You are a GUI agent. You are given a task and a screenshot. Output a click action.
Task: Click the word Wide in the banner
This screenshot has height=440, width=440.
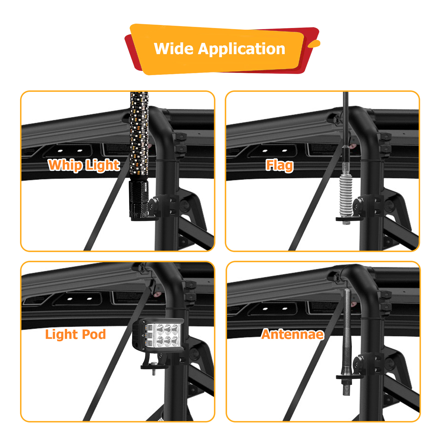point(174,49)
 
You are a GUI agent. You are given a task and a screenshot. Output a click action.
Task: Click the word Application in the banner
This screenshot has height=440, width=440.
point(241,50)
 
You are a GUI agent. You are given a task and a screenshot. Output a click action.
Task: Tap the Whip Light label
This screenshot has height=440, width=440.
point(84,165)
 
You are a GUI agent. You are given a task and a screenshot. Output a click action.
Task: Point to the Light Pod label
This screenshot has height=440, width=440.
point(76,335)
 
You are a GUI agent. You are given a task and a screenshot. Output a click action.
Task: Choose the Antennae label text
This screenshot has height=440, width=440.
point(293,334)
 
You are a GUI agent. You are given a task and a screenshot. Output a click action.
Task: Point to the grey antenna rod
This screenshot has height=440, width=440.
point(347,330)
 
